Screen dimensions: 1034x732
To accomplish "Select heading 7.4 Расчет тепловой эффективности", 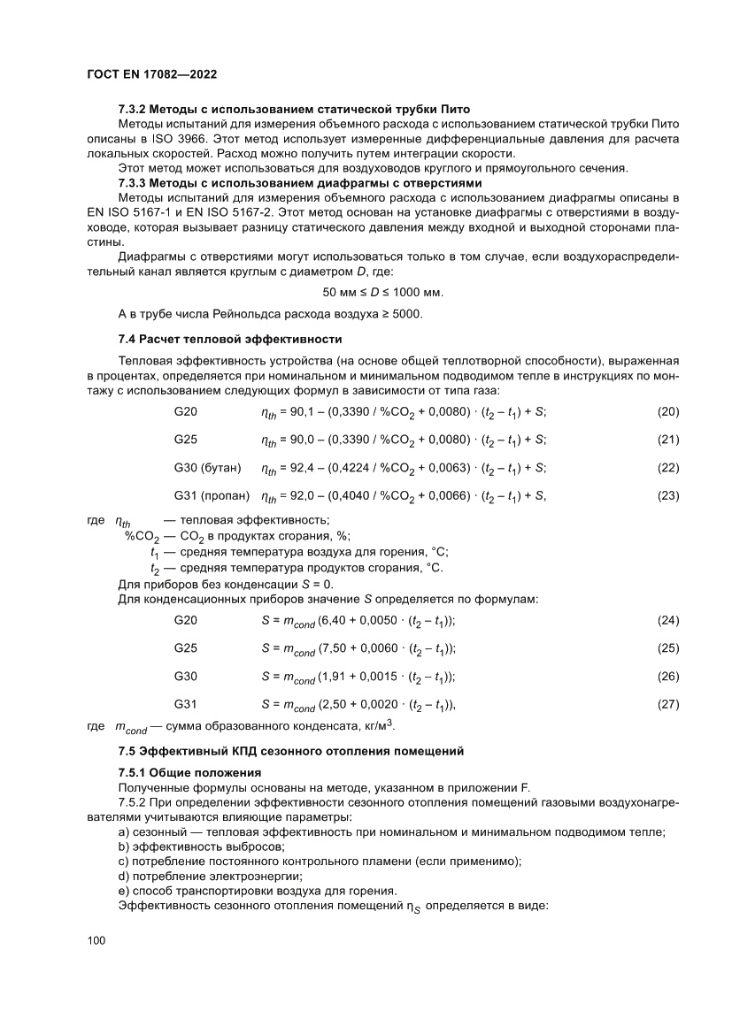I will [x=229, y=339].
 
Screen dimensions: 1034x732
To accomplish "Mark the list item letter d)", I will [x=124, y=875].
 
